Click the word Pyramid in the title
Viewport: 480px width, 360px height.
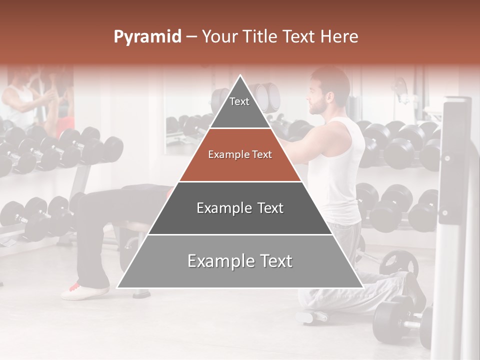[147, 37]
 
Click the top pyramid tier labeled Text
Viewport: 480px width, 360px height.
[240, 107]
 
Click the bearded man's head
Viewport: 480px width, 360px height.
[327, 92]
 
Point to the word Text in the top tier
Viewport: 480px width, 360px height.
[239, 101]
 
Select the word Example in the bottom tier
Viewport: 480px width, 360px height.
[219, 261]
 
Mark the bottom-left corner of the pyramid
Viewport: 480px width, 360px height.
[117, 287]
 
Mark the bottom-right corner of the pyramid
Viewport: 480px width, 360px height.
[363, 287]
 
